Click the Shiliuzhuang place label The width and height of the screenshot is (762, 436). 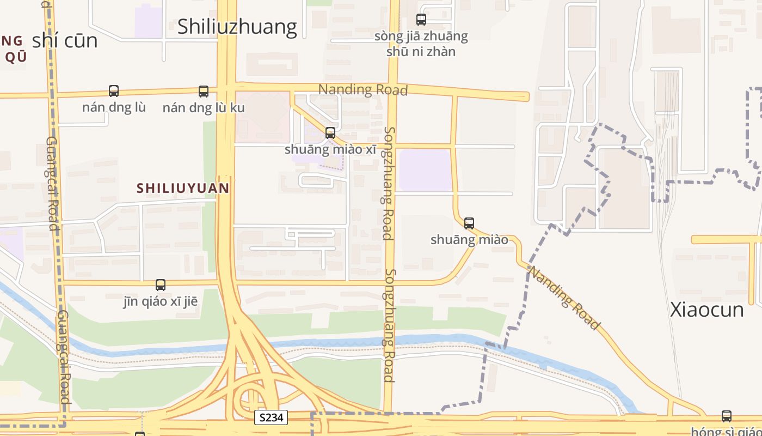[x=237, y=27]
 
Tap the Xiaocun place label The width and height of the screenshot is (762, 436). [x=706, y=310]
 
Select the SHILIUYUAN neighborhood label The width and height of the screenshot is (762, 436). [x=182, y=188]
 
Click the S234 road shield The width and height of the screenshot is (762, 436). [x=271, y=418]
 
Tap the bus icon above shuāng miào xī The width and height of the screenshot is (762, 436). [x=330, y=132]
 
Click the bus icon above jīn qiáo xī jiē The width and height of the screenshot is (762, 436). [x=161, y=284]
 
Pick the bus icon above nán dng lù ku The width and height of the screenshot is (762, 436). [x=204, y=92]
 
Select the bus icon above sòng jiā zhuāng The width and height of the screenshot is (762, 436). [x=421, y=20]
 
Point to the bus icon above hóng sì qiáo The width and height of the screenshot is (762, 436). [x=727, y=416]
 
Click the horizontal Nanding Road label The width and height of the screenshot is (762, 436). [x=362, y=89]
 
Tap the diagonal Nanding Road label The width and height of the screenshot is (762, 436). [x=564, y=298]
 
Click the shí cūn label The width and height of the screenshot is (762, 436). [x=65, y=40]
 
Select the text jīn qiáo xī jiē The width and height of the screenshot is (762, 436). [x=161, y=301]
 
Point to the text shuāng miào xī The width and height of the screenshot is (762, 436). [x=330, y=149]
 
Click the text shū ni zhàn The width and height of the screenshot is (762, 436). [x=421, y=52]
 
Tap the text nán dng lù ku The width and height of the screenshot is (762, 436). [x=204, y=108]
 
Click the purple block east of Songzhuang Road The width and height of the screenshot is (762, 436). [x=425, y=170]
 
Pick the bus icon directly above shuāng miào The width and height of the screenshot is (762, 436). [x=469, y=223]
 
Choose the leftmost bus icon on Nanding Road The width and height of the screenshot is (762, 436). [x=114, y=91]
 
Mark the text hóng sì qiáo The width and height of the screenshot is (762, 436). [x=727, y=431]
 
